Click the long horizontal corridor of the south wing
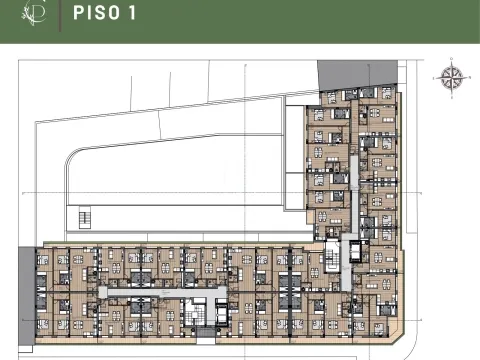[x=200, y=289]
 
